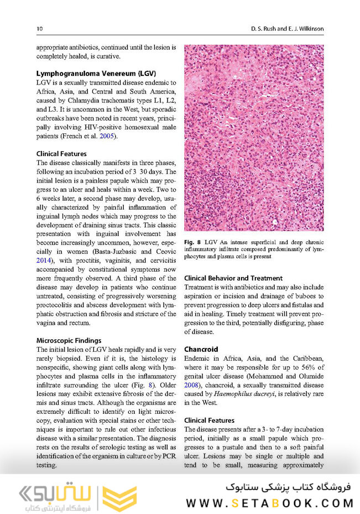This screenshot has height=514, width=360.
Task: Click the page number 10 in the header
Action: (39, 28)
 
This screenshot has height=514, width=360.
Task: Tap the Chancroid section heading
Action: (201, 350)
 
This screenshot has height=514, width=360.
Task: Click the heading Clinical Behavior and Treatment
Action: (233, 278)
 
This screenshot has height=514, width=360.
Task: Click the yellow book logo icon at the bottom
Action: (118, 494)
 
